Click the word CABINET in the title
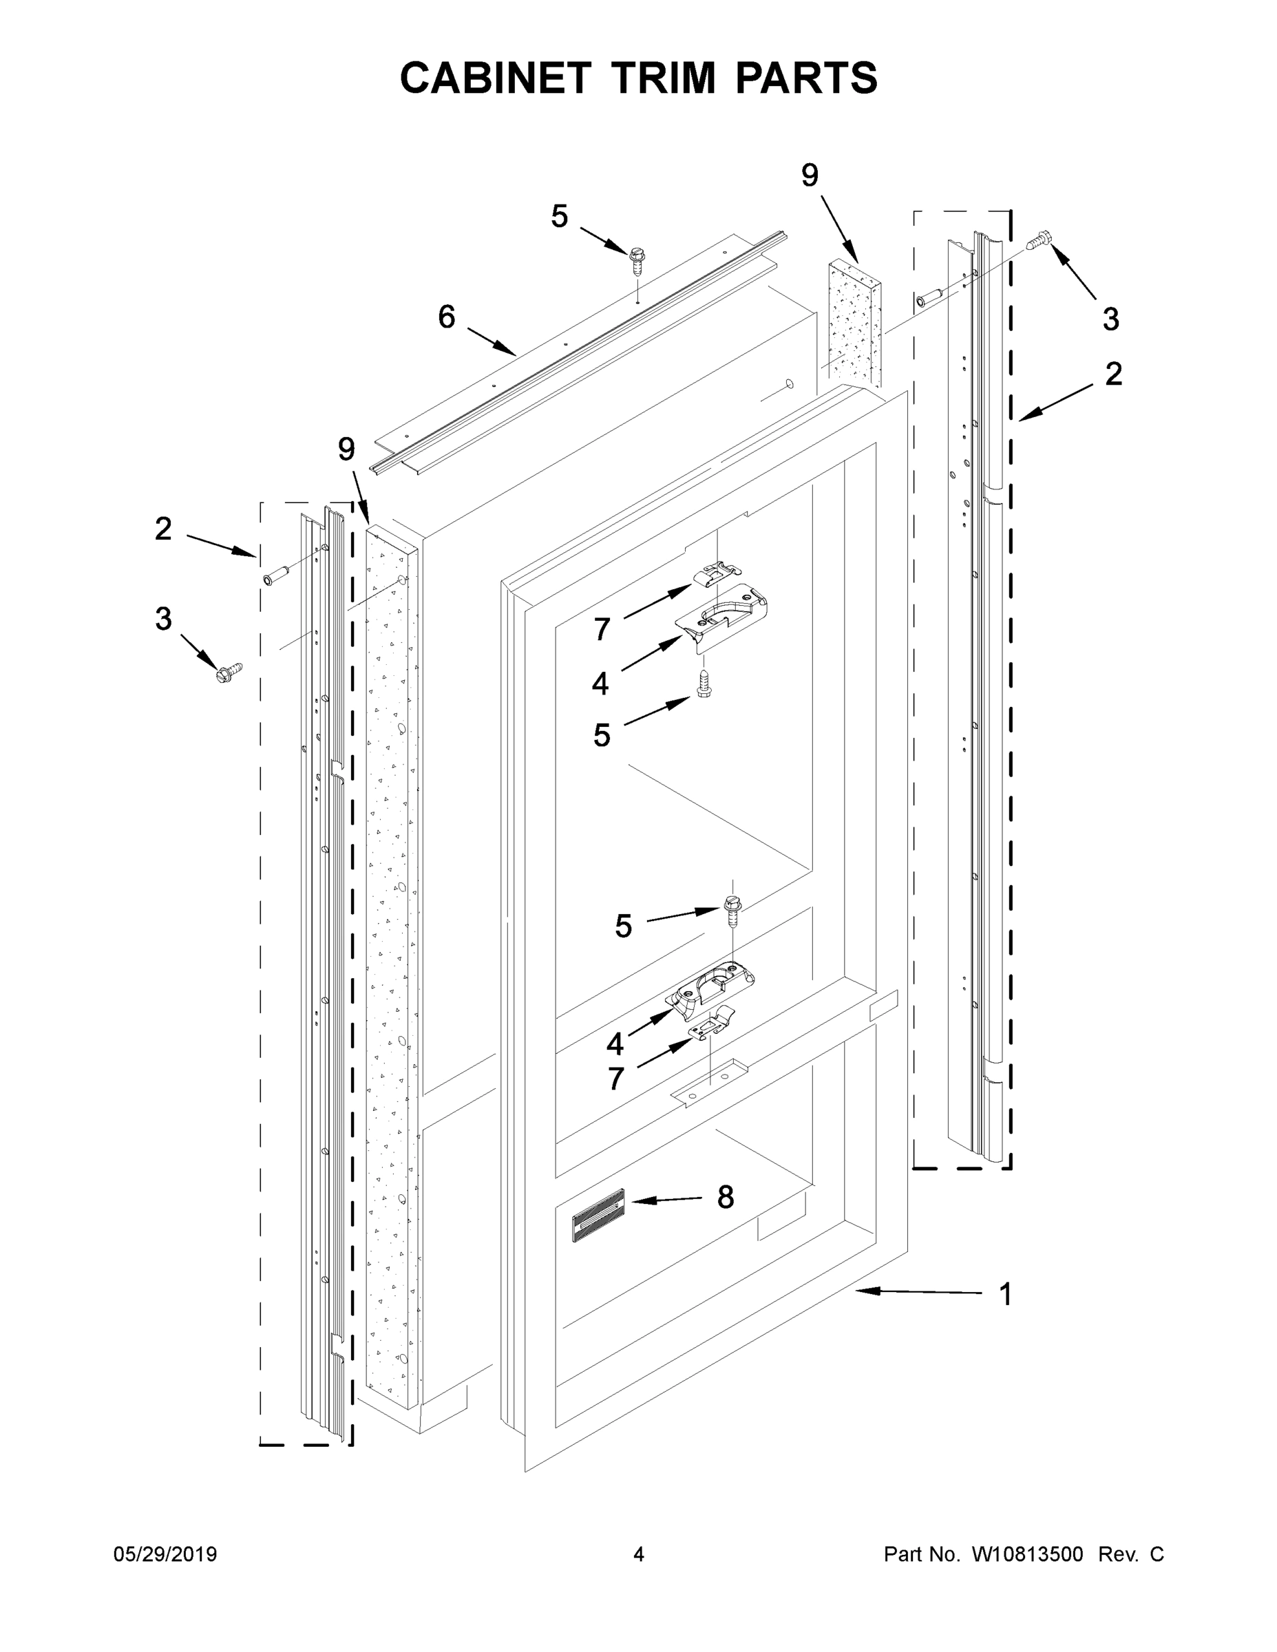coord(495,78)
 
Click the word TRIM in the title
coord(664,78)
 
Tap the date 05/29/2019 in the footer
coord(165,1554)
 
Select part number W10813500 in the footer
coord(1026,1554)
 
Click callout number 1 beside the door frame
coord(1005,1294)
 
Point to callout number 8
coord(725,1198)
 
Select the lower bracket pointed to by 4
coord(711,987)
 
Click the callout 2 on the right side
coord(1113,374)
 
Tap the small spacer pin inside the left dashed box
coord(273,579)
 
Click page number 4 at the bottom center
coord(639,1554)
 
